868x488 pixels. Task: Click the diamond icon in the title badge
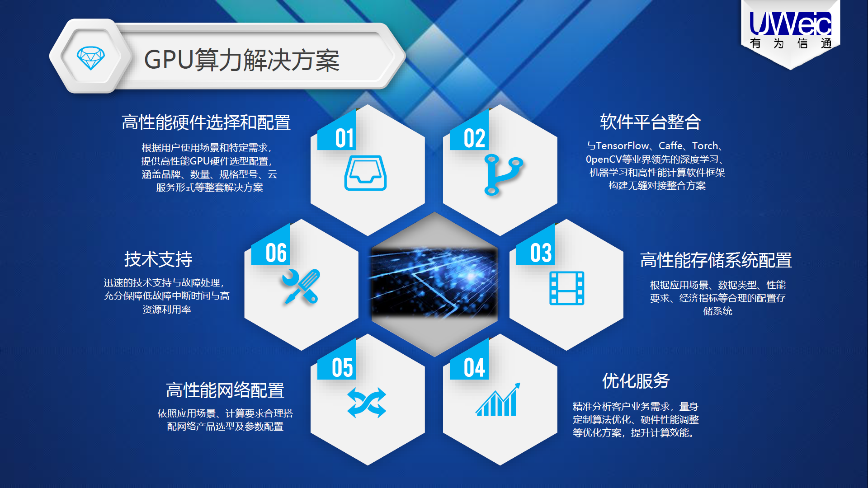coord(91,58)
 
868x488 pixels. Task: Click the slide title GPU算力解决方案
coord(242,60)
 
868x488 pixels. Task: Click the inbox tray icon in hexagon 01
coord(365,173)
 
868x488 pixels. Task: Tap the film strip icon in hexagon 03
coord(567,288)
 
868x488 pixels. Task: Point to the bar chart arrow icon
coord(497,399)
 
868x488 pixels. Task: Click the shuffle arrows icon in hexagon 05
coord(367,403)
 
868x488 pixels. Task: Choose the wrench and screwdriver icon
coord(301,287)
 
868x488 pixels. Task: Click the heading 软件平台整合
coord(650,122)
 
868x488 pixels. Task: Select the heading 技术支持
coord(158,259)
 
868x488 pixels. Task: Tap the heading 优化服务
coord(636,381)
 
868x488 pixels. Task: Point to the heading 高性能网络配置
coord(225,390)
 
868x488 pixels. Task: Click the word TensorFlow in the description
coord(623,145)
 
